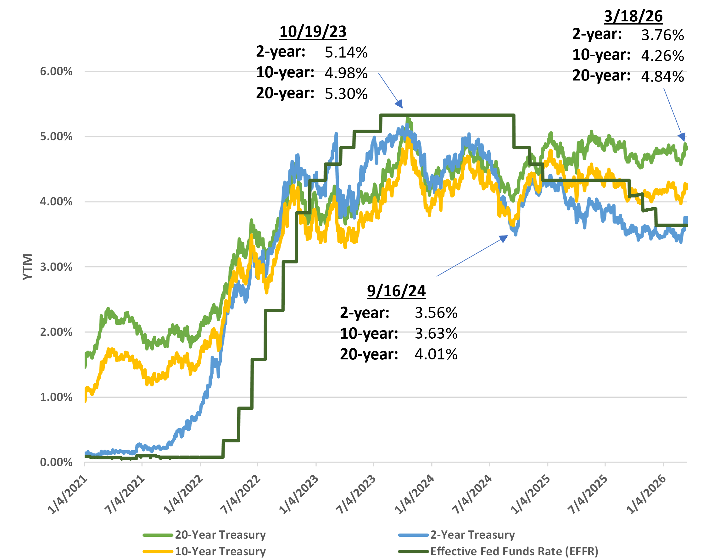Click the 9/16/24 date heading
click(x=396, y=291)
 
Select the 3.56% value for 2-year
click(x=436, y=313)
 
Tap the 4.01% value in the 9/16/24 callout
click(x=436, y=354)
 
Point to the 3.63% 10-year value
click(x=436, y=333)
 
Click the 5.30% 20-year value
click(x=346, y=94)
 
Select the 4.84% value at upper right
click(x=662, y=77)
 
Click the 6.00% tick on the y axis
click(x=56, y=71)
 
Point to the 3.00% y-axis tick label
click(x=56, y=267)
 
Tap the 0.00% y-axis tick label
click(x=56, y=462)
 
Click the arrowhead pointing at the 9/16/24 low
click(x=504, y=238)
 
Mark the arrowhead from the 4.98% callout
click(x=399, y=104)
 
